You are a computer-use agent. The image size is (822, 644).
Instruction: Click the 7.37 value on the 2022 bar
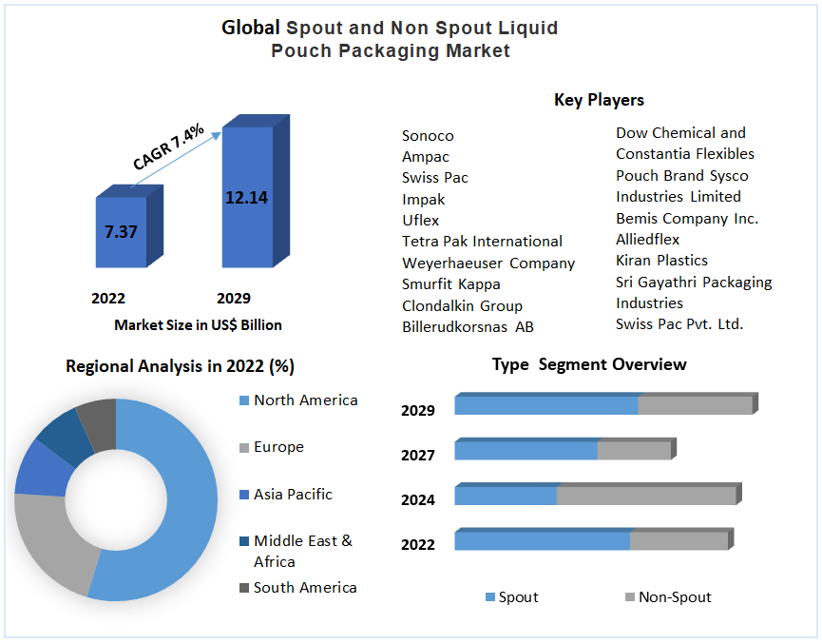point(121,231)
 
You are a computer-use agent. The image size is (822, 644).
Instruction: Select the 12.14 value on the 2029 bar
point(246,198)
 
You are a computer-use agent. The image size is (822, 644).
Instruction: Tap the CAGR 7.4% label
point(168,146)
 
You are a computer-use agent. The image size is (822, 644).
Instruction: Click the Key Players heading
point(599,100)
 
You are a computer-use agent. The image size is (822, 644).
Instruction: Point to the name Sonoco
point(428,136)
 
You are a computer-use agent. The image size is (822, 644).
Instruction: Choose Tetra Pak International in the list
point(482,242)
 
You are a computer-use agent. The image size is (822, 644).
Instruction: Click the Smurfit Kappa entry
point(450,284)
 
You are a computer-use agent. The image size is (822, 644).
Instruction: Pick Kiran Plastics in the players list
point(661,261)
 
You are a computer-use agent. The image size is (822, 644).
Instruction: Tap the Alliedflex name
point(647,240)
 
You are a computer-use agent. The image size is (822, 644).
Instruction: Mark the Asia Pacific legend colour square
point(243,496)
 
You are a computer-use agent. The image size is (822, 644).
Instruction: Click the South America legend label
point(305,588)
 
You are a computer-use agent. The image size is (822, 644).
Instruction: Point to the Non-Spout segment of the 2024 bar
point(646,496)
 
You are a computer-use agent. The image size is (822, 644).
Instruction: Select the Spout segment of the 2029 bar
point(545,405)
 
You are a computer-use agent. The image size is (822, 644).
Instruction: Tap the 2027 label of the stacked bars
point(418,456)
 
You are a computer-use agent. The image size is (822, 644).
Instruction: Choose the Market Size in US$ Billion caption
point(198,325)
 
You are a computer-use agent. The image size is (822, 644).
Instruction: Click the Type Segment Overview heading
point(589,364)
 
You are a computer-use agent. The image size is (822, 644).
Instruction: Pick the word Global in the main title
point(251,28)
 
